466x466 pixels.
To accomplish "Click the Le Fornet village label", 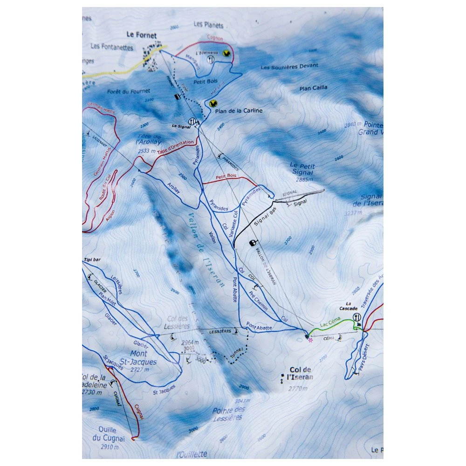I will (x=142, y=35).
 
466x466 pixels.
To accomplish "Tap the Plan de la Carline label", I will (x=239, y=111).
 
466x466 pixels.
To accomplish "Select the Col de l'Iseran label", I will (x=301, y=373).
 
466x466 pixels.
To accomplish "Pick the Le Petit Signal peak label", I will (x=302, y=169).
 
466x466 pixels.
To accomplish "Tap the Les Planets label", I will (x=208, y=25).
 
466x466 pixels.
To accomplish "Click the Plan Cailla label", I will (x=313, y=88).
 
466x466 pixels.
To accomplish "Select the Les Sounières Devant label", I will (x=289, y=66).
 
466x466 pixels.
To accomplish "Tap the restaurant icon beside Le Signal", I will (x=191, y=121).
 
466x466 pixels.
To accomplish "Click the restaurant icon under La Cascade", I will (x=357, y=317).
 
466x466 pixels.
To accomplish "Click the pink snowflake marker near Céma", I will (x=310, y=340).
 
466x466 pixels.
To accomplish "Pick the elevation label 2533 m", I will (x=147, y=151).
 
